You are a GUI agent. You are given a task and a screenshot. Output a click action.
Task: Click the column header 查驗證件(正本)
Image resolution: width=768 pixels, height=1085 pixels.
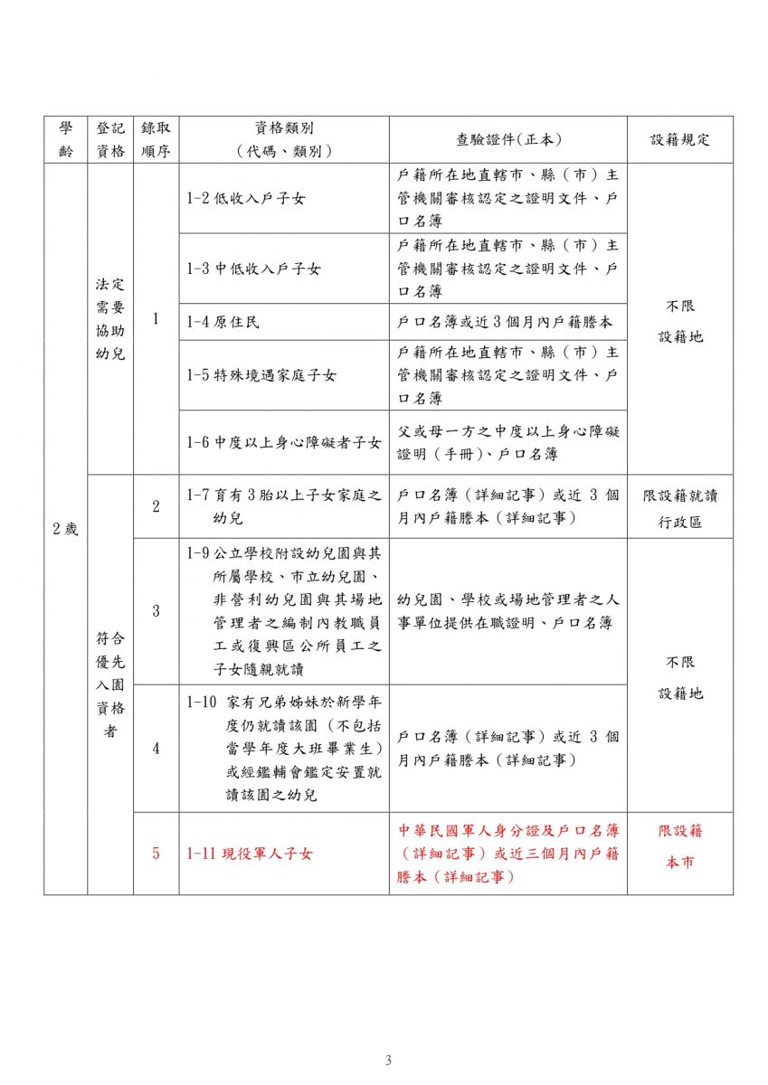[508, 139]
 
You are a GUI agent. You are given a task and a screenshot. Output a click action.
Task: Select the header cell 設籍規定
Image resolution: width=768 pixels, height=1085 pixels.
[679, 139]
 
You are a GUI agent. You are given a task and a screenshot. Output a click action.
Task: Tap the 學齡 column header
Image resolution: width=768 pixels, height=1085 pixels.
[65, 139]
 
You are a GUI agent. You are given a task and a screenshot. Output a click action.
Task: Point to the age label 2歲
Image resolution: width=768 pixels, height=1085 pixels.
[65, 529]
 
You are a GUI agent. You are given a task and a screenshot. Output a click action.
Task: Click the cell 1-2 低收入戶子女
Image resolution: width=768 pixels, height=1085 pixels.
[246, 198]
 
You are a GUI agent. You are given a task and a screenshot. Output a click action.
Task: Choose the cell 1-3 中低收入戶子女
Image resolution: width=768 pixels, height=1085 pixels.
[253, 269]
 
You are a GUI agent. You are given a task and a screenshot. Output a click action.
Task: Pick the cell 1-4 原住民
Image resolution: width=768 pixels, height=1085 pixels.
[223, 321]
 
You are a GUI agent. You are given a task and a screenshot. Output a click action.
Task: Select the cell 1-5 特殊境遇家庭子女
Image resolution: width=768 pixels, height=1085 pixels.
[260, 374]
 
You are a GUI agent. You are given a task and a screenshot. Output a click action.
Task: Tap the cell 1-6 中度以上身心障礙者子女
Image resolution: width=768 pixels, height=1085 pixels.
[283, 442]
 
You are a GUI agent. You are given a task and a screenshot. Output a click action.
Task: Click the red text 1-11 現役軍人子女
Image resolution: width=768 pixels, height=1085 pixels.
[249, 853]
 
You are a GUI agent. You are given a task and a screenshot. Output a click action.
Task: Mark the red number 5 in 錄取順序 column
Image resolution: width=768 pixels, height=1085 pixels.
[156, 853]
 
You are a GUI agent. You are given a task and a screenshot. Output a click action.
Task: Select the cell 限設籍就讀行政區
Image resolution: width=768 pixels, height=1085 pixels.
[679, 509]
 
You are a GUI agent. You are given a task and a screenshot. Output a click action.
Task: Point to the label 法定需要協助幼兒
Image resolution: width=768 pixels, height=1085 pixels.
[110, 318]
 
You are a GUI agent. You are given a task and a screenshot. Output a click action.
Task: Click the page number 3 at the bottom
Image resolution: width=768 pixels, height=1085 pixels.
[388, 1061]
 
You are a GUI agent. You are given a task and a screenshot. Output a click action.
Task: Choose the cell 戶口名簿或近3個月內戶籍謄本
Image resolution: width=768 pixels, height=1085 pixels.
[508, 321]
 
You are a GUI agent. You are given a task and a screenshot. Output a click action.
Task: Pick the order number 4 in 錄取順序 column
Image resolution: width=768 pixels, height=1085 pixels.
[156, 748]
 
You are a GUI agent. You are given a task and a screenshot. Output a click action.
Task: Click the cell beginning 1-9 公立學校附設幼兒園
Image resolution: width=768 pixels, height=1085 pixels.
[283, 610]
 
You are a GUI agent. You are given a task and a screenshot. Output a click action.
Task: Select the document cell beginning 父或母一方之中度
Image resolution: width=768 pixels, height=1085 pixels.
[508, 442]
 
